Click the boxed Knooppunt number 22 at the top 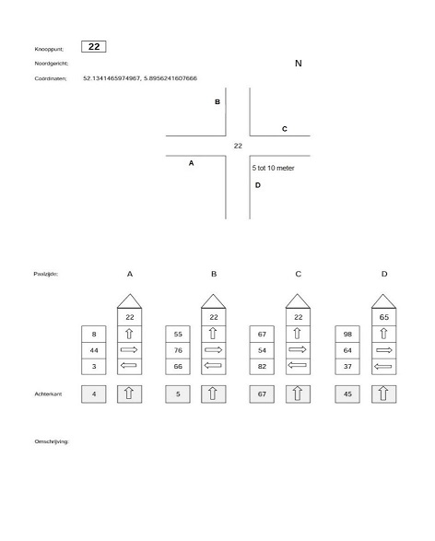93,47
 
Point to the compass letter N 299,64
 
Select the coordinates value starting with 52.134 140,78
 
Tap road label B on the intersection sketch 217,101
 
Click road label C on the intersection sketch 285,129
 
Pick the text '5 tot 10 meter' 273,168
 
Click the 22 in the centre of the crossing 238,146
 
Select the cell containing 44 94,350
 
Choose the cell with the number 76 178,350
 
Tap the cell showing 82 262,367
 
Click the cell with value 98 347,334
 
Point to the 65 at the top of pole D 384,317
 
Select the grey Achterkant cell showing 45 347,394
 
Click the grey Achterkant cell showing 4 94,394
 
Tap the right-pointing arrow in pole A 129,350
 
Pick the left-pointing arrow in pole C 298,365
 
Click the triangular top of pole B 214,301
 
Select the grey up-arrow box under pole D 384,394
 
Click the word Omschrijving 52,441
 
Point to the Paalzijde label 46,274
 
